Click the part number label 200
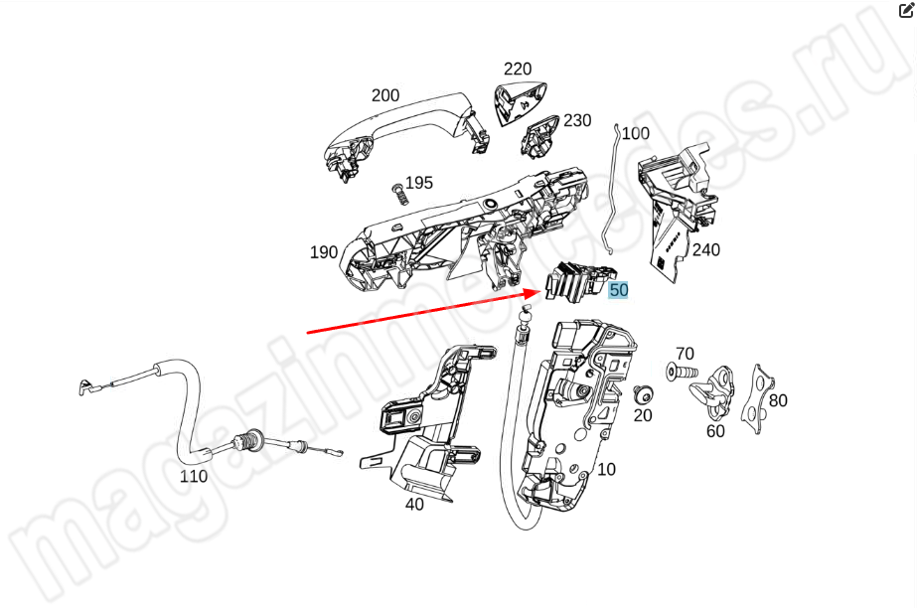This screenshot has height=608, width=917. coord(385,95)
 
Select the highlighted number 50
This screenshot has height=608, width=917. coord(619,290)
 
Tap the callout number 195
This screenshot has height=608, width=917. coord(419,183)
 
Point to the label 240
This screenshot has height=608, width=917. coord(705,250)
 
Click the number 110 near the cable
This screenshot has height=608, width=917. coord(193,476)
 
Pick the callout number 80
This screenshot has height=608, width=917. coord(778,400)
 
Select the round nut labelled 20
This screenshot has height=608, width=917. coord(642,394)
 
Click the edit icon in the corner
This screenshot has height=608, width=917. coord(905,11)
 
